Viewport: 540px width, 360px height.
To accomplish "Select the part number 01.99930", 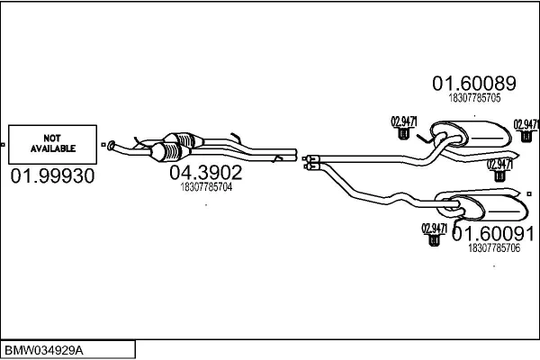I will (52, 176).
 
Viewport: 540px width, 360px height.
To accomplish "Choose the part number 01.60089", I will (473, 84).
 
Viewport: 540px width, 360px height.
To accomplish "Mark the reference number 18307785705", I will (474, 100).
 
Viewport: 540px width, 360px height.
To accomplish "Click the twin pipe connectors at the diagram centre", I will (311, 160).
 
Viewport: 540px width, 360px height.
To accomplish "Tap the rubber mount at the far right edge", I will (526, 136).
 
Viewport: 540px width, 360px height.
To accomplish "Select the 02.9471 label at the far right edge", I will (526, 124).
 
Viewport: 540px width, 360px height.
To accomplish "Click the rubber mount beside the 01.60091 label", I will (436, 238).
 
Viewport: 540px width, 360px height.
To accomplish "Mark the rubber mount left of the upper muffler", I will (404, 134).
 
